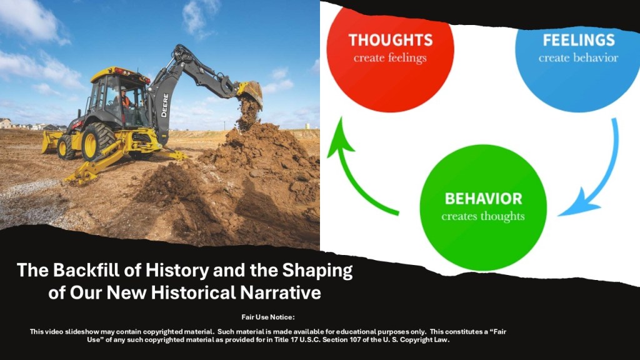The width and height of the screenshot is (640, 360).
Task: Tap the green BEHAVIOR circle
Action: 483,207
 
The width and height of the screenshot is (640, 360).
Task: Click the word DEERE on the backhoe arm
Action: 164,105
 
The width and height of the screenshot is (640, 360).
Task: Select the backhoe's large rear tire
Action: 98,141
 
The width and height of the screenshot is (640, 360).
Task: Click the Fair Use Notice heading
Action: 267,317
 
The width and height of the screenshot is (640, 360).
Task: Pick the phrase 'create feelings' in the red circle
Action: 390,58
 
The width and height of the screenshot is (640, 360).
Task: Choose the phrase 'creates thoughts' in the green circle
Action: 483,216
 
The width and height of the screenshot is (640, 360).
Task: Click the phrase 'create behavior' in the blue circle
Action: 578,58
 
